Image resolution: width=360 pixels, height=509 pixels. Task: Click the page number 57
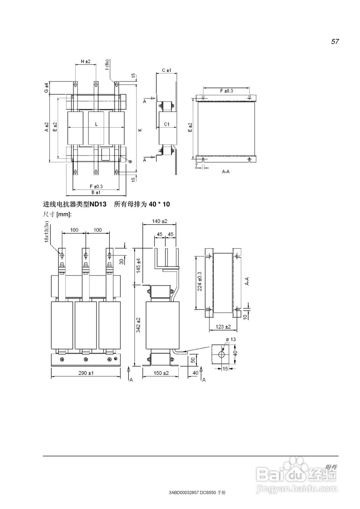click(335, 42)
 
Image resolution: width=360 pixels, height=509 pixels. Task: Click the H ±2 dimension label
click(86, 61)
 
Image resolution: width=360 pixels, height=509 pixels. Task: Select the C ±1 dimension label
click(166, 70)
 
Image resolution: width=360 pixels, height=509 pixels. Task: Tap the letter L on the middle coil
click(96, 124)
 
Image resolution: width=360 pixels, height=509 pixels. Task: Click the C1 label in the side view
click(167, 124)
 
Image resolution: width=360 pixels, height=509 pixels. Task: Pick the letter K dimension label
click(140, 130)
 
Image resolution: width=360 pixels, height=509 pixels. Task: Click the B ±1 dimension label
click(96, 192)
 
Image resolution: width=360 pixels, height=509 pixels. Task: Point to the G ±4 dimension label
click(46, 88)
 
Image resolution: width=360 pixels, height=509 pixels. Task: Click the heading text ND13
click(98, 204)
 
